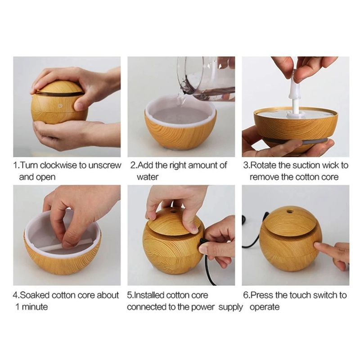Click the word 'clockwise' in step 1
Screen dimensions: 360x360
tap(59, 165)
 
